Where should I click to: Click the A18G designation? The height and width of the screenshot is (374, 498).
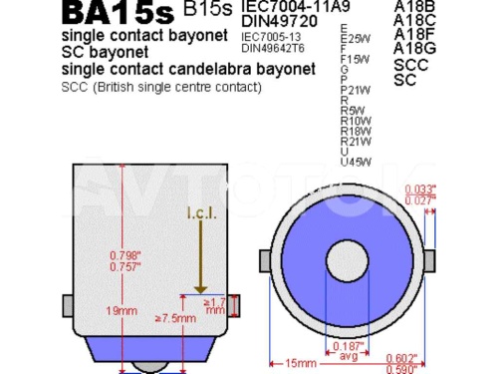pos(415,47)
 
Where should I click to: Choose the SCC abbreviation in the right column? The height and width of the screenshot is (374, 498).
pos(409,64)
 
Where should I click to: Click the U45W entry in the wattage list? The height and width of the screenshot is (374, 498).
pos(356,162)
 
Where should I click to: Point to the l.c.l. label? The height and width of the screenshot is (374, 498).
pos(201,213)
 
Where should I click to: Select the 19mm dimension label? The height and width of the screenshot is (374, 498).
pos(123,311)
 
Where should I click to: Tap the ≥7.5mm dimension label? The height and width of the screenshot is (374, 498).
pos(175,318)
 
